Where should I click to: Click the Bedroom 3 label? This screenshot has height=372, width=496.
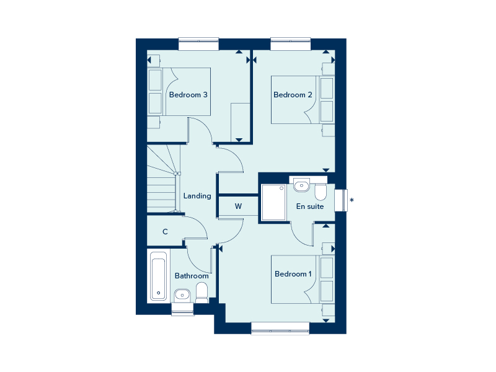pos(188,95)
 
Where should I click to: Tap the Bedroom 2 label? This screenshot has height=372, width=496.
pos(293,95)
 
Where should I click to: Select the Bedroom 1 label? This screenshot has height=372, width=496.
pos(293,274)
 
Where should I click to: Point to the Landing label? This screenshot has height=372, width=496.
pos(197,196)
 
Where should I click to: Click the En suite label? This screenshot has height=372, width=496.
pos(310,206)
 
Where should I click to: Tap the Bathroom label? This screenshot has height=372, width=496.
pos(192,276)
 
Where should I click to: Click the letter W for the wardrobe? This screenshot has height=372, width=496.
pos(238,206)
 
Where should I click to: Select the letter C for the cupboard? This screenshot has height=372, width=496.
pos(165,232)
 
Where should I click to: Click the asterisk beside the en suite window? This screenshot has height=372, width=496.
pos(352,200)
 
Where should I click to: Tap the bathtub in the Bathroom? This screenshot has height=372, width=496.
pos(159,276)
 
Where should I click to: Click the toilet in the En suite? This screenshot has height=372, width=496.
pos(321,192)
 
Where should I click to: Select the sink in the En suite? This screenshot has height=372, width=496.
pos(301,185)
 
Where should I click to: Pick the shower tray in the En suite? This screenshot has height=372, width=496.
pos(274,203)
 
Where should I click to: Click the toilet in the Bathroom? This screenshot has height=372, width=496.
pos(202,293)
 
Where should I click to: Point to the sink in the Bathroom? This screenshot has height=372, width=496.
pos(182,296)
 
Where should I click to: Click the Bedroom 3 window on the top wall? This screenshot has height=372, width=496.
pos(198,44)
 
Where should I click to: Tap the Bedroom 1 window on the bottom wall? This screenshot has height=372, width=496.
pos(280,329)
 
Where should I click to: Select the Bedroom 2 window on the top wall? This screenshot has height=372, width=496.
pos(291,44)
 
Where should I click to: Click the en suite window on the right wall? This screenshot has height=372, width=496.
pos(341,200)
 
